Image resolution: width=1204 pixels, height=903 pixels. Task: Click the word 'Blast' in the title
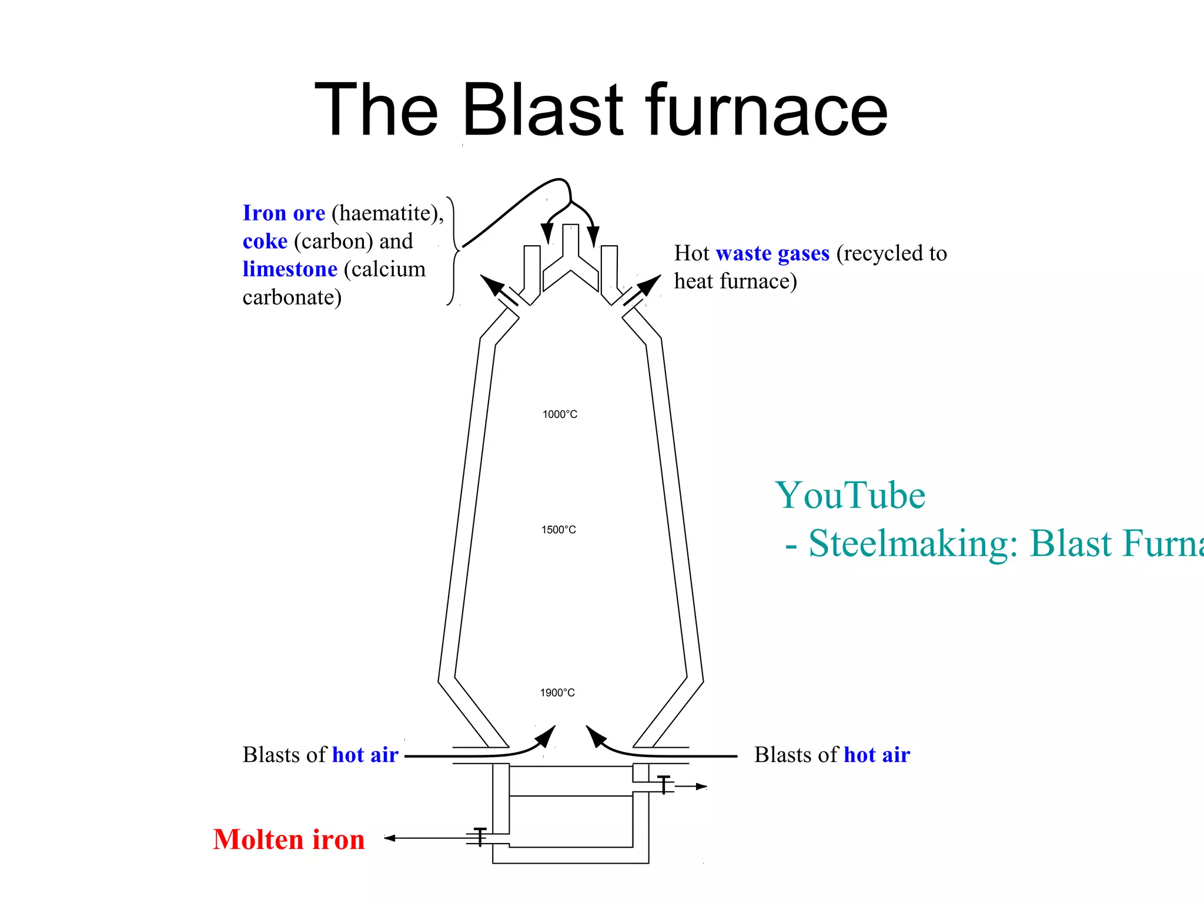[x=542, y=110]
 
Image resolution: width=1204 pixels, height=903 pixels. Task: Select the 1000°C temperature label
[x=560, y=414]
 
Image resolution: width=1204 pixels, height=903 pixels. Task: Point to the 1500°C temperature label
[x=558, y=530]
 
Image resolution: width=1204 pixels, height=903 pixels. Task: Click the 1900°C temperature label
[x=557, y=693]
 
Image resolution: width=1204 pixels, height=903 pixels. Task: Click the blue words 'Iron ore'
[x=284, y=213]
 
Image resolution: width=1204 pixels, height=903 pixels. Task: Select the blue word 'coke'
[x=265, y=241]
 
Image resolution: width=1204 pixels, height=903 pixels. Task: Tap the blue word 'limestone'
[x=290, y=269]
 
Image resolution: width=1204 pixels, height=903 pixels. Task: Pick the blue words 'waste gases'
[x=772, y=253]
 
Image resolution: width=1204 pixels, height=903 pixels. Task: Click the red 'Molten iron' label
[x=289, y=839]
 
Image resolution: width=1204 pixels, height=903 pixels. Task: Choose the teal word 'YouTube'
[x=850, y=495]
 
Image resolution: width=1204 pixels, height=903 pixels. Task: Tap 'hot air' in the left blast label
[x=365, y=755]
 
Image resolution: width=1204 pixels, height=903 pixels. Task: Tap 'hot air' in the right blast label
[x=877, y=755]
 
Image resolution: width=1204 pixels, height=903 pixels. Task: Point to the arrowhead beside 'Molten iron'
[x=389, y=838]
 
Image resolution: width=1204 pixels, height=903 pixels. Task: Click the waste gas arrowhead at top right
[x=649, y=285]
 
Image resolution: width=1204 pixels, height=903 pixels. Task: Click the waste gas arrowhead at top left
[x=491, y=285]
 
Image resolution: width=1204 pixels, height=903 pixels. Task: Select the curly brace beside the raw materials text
[x=453, y=251]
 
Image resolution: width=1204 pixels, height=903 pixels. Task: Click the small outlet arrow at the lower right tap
[x=701, y=786]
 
